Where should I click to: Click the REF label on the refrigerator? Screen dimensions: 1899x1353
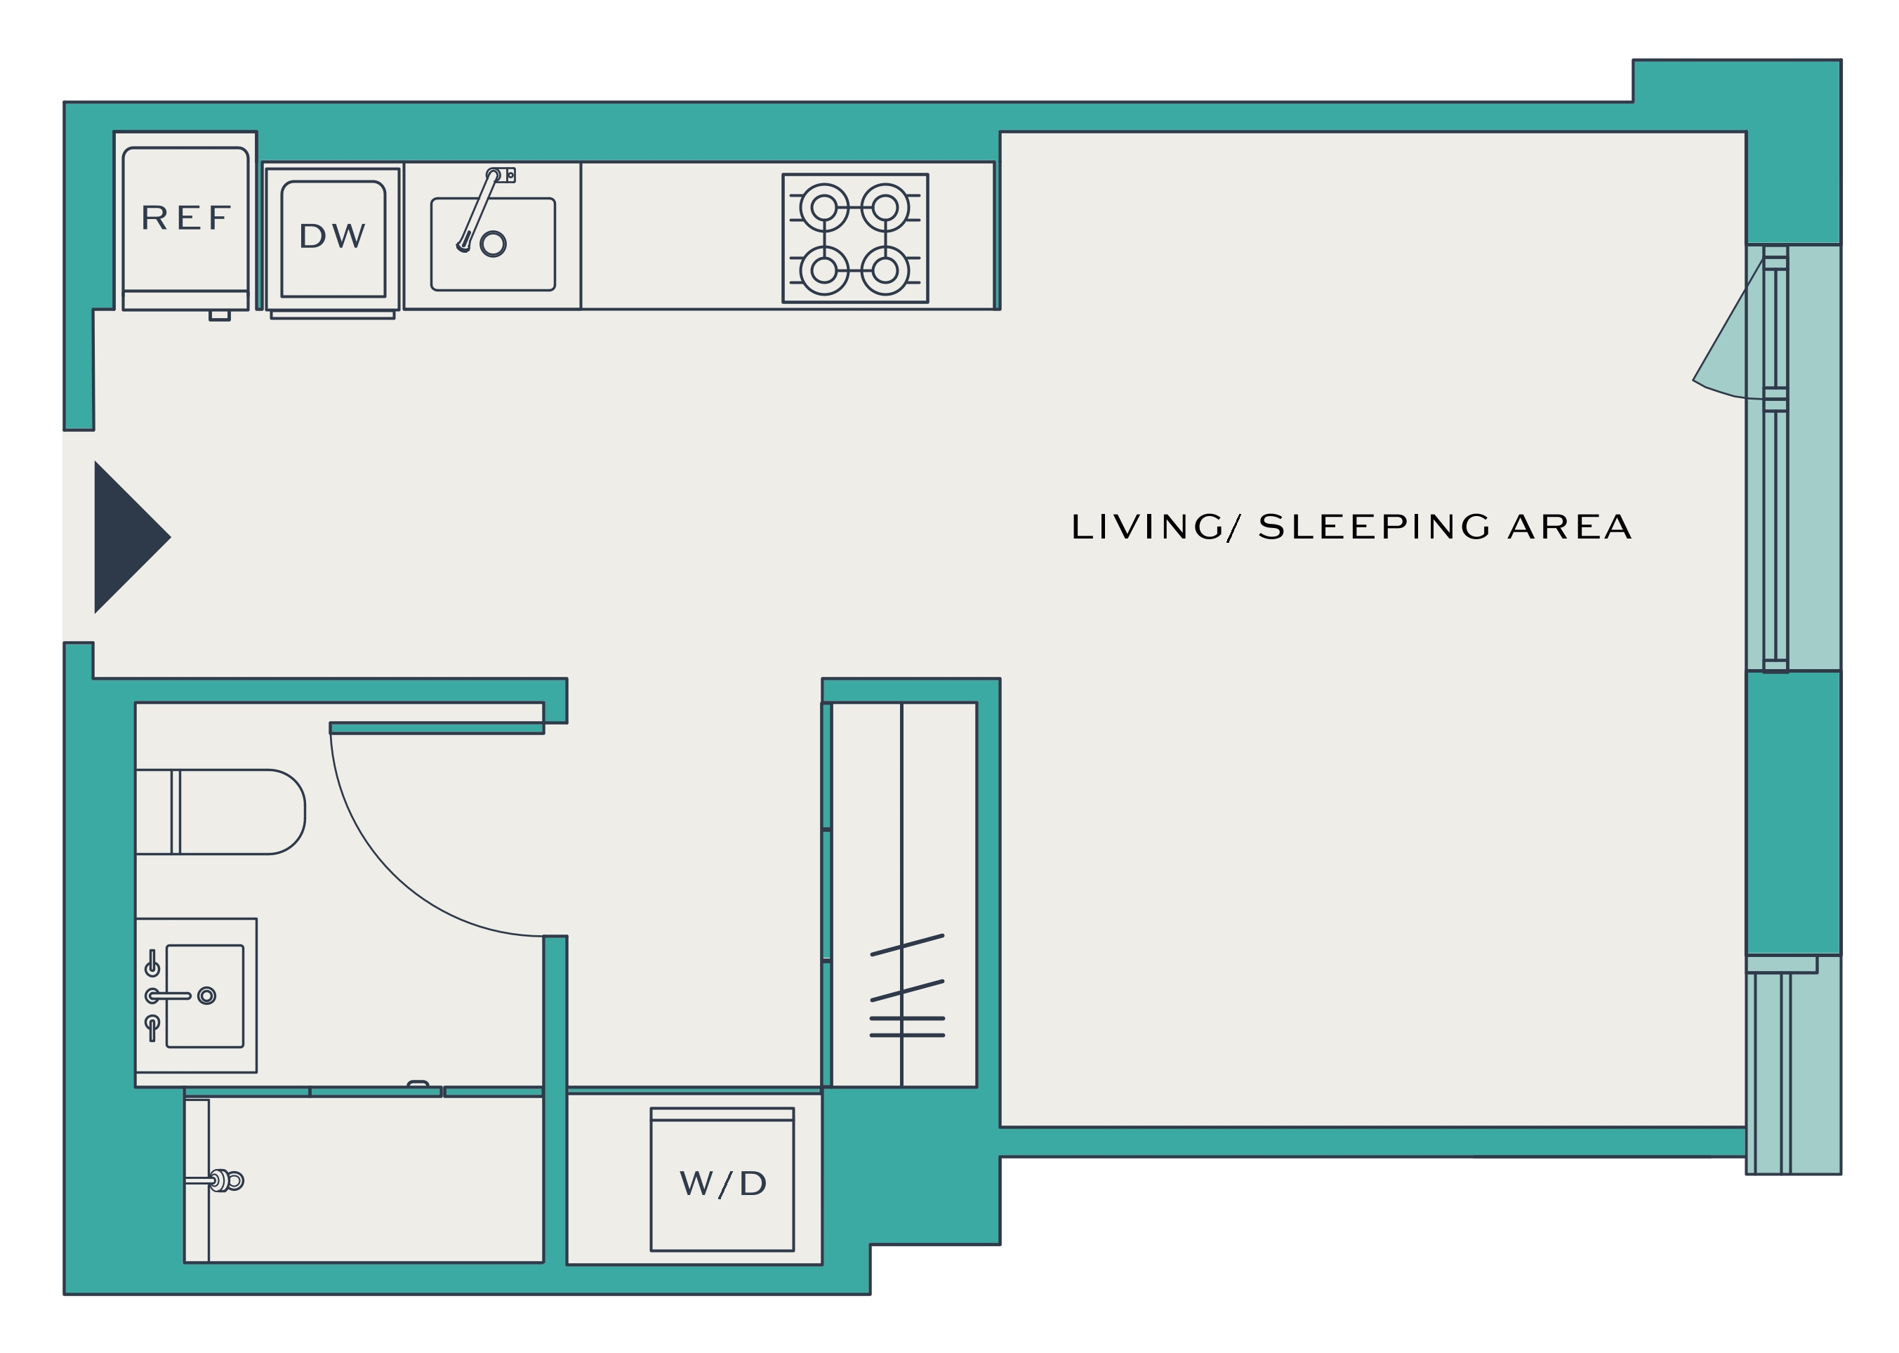pos(186,218)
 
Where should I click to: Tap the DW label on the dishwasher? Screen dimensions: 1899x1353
pos(332,237)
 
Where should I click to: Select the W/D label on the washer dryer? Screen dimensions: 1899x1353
pos(723,1184)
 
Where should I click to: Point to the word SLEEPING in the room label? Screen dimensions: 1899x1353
pos(1375,527)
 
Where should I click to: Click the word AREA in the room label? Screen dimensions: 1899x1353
pos(1570,527)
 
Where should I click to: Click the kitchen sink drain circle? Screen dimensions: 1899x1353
pos(493,244)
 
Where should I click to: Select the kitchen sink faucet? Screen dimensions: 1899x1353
pos(483,209)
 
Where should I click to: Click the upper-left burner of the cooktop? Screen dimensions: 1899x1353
pos(823,207)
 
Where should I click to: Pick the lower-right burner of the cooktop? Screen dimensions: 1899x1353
pos(885,270)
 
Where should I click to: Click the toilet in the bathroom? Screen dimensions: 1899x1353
pos(220,812)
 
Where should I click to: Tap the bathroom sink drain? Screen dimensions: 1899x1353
pos(206,996)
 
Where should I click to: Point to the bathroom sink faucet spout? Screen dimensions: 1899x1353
pos(169,996)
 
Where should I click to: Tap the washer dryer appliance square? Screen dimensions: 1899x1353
pos(722,1179)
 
